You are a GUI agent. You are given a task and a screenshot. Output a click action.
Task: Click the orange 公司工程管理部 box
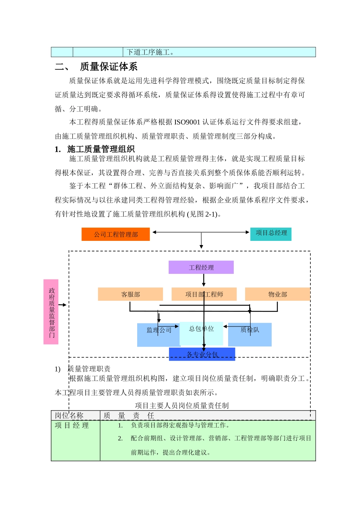pos(116,234)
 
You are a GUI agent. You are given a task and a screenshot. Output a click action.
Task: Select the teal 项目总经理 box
pos(271,233)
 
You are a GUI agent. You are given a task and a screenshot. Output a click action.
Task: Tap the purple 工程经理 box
pos(201,267)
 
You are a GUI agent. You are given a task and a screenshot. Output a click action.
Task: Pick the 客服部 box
pos(130,294)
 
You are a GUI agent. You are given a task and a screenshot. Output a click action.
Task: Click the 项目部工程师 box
pos(204,294)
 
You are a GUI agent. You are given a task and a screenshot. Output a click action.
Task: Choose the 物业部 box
pos(277,294)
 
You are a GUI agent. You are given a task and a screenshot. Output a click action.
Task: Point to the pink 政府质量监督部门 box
pos(51,312)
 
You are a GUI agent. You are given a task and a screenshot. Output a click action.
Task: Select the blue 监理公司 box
pos(158,335)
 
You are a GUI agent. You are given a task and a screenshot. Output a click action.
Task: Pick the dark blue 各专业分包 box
pos(202,354)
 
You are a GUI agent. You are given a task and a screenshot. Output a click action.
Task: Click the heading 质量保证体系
pos(108,67)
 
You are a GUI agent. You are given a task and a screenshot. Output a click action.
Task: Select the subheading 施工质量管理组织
pos(101,149)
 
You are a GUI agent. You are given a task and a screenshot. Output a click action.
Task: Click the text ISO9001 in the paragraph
pos(187,122)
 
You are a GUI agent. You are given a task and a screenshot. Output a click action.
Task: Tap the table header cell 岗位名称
pos(69,415)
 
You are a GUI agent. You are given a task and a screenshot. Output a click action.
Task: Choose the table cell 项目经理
pos(72,425)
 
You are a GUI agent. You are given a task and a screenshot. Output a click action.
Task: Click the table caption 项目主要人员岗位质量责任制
pos(182,406)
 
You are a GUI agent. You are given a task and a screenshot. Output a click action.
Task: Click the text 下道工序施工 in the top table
pos(150,52)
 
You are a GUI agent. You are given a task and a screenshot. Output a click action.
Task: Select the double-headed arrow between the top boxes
pos(201,232)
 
